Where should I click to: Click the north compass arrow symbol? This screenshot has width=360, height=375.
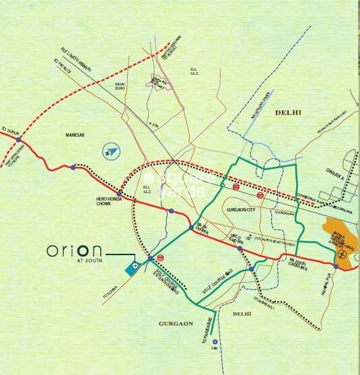pyautogui.click(x=108, y=152)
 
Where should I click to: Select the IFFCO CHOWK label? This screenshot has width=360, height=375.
pyautogui.click(x=236, y=236)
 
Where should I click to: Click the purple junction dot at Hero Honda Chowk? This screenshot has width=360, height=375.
pyautogui.click(x=120, y=192)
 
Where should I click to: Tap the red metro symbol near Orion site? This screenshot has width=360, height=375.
pyautogui.click(x=160, y=259)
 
